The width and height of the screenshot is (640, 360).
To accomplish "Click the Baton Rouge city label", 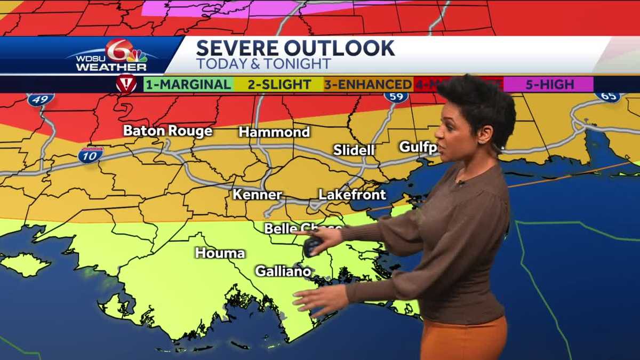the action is tap(167, 131).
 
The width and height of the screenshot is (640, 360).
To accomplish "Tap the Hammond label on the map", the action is tap(274, 132).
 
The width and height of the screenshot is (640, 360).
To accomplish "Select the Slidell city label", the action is tap(354, 150).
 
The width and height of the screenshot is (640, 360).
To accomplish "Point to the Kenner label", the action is tap(257, 195).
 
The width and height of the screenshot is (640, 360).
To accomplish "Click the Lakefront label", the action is tap(352, 195).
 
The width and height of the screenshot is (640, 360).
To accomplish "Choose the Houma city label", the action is tap(220, 253).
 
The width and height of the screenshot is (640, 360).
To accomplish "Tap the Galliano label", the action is tap(283, 271).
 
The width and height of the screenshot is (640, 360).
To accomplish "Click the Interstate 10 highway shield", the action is tap(90, 155).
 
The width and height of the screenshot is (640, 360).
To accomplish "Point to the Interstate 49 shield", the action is tap(41, 99).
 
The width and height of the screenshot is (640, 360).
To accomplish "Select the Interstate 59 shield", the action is tap(396, 97).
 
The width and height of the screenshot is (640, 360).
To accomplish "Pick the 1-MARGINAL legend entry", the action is tap(188, 84).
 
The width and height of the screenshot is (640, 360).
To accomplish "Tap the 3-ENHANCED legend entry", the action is tap(368, 84).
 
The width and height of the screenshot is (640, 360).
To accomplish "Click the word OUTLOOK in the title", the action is tap(340, 48).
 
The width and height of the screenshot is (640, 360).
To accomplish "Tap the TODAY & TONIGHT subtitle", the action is tap(263, 63).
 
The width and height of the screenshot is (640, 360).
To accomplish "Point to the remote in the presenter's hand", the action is tap(313, 246).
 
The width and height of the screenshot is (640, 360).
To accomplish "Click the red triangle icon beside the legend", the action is tap(126, 84).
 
